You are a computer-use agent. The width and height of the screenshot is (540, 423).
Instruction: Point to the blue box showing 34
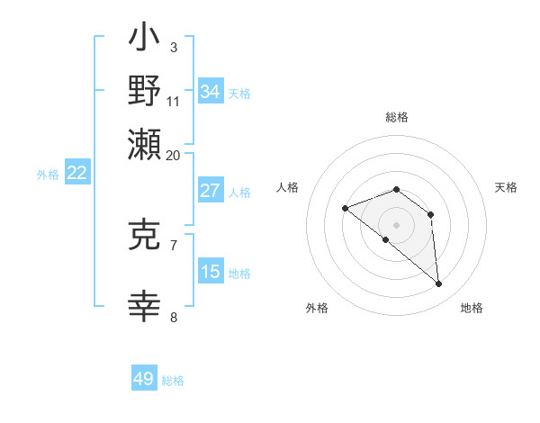click(210, 92)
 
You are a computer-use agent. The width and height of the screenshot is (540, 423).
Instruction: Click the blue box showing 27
click(210, 191)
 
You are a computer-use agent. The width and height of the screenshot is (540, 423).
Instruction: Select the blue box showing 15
click(210, 272)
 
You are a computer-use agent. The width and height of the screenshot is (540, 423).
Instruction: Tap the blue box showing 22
click(77, 174)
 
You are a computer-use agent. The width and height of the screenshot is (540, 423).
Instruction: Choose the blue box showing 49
click(144, 379)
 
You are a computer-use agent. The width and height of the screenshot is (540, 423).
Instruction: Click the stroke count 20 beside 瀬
click(174, 155)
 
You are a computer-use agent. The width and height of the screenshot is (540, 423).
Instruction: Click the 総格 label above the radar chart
click(397, 117)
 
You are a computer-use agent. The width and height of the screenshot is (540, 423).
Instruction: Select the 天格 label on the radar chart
click(507, 187)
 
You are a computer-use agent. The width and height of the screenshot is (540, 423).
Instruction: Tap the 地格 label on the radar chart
click(472, 309)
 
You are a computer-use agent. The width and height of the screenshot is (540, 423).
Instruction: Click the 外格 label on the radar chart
click(317, 309)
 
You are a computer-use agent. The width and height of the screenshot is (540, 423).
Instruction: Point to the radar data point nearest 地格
click(439, 284)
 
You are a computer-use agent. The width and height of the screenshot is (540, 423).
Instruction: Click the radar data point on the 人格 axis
click(345, 209)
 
